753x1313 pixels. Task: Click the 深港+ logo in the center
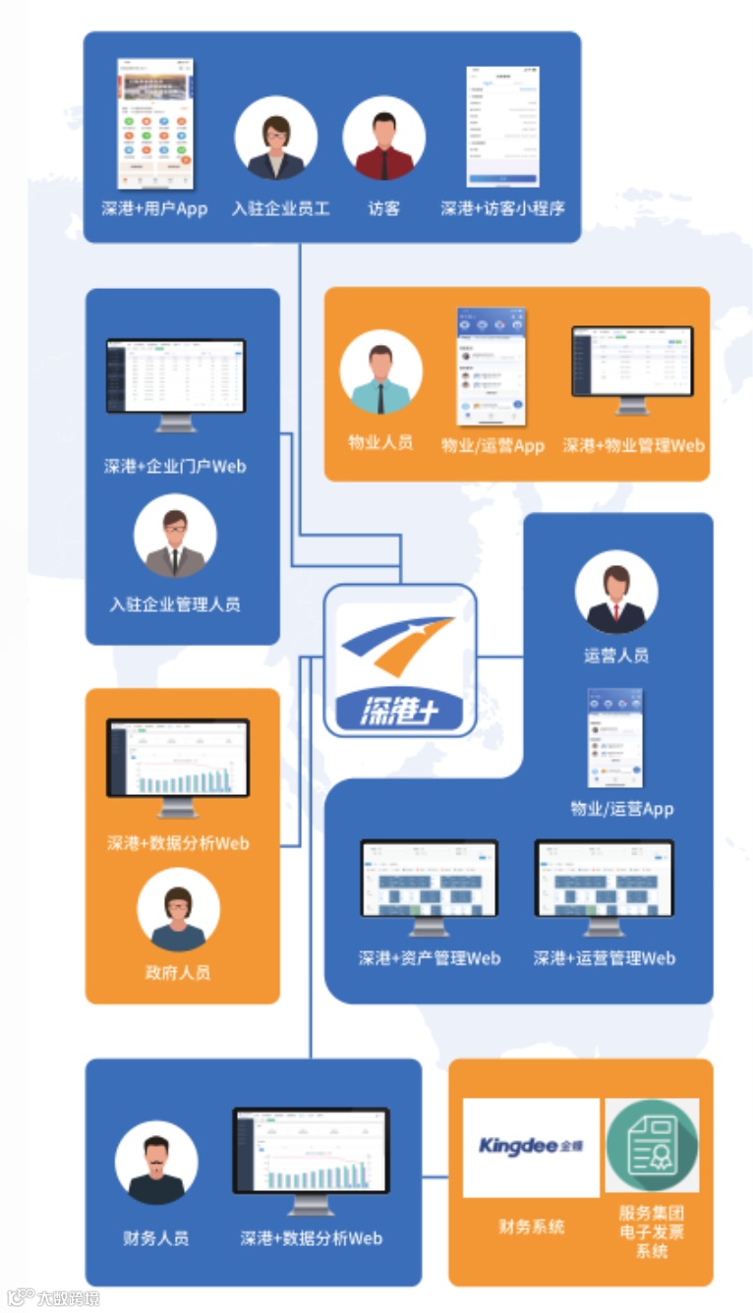click(399, 660)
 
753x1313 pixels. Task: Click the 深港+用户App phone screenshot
click(154, 124)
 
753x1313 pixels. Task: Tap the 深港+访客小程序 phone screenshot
click(502, 126)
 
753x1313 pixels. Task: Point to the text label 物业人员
click(380, 442)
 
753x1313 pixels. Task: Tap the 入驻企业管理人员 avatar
click(175, 536)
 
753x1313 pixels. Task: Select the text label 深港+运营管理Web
click(604, 957)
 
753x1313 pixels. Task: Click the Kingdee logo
click(531, 1147)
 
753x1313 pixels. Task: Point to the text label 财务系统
click(531, 1227)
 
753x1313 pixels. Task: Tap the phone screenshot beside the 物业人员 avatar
click(491, 367)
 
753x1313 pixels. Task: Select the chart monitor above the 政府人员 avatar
click(178, 765)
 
